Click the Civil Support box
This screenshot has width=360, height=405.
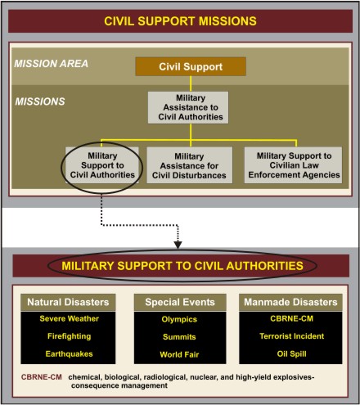pos(191,66)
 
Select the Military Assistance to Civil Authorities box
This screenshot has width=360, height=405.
pos(188,107)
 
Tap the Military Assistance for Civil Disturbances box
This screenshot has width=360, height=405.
pos(190,165)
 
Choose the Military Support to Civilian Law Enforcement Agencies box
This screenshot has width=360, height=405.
pos(293,165)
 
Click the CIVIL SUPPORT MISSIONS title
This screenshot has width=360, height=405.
pos(180,21)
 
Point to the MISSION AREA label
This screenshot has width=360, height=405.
pos(52,64)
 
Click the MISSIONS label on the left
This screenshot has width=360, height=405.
pos(40,101)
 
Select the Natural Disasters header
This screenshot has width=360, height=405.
pos(68,302)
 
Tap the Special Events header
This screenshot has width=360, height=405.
pos(180,302)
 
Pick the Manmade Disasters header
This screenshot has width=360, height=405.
pos(290,302)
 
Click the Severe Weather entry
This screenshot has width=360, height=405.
pos(70,318)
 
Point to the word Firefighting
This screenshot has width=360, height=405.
pos(70,336)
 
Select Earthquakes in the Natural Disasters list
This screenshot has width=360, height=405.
pos(70,354)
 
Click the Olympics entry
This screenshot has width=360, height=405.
pos(179,319)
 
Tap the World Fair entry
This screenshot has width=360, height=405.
pos(179,354)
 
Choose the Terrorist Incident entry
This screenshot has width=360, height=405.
pos(292,336)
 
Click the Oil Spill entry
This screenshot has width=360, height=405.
pos(292,354)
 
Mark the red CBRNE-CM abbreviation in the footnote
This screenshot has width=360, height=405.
pos(42,377)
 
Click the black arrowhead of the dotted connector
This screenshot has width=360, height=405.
pos(178,245)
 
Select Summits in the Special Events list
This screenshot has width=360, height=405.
pos(179,337)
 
